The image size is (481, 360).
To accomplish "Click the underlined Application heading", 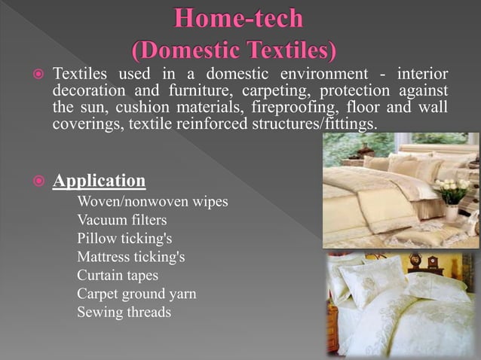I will coord(100,182).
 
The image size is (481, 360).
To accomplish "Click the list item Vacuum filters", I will coord(121,221).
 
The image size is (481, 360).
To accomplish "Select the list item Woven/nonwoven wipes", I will coord(152,203).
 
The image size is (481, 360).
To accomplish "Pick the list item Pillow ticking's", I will coord(124,239).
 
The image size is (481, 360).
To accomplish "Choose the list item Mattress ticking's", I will coord(130,257).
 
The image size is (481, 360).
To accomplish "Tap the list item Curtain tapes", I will coord(118,275).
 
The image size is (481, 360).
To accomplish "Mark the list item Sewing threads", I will coord(124,311).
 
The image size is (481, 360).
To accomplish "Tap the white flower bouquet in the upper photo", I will coord(453,189).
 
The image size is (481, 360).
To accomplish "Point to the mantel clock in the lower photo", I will coord(434,263).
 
